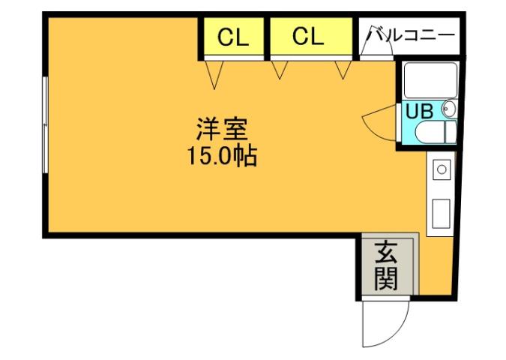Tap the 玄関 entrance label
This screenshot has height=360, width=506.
click(385, 265)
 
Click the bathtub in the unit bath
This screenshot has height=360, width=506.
click(430, 79)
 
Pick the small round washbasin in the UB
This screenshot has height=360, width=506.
click(449, 110)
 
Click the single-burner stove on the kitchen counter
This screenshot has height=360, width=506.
click(442, 169)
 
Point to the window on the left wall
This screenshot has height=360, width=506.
click(45, 124)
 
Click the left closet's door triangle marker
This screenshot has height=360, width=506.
click(216, 73)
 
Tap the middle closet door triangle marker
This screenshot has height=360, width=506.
click(280, 70)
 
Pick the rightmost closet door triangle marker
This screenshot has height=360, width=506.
click(344, 70)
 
